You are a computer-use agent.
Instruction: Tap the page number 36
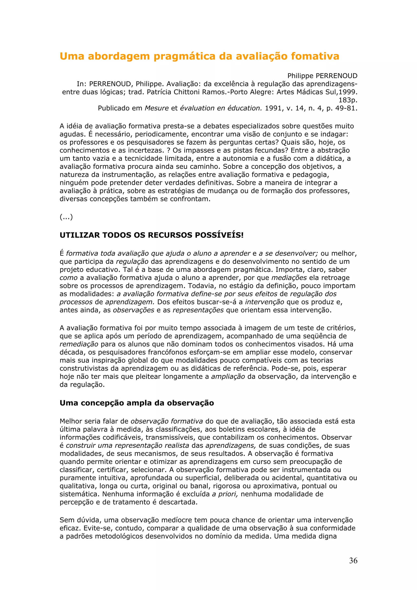353,560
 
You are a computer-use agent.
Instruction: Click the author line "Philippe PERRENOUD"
322,76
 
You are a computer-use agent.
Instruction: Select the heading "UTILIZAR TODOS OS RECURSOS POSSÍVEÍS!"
151,235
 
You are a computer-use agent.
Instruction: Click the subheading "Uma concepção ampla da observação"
137,403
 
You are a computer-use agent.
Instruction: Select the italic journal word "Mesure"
156,108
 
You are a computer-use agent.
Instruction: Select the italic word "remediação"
79,344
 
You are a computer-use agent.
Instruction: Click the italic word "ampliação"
228,376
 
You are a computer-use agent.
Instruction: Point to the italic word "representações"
198,310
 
